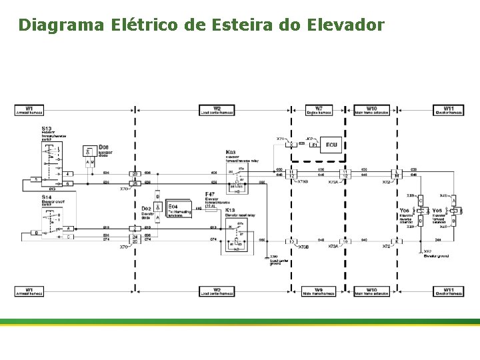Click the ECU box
click(331, 144)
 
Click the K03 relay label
click(231, 152)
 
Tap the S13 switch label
click(47, 127)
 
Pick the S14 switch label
click(47, 197)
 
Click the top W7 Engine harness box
click(319, 110)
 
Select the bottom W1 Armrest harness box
click(29, 291)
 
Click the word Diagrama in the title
click(61, 25)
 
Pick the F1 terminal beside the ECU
click(314, 144)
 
